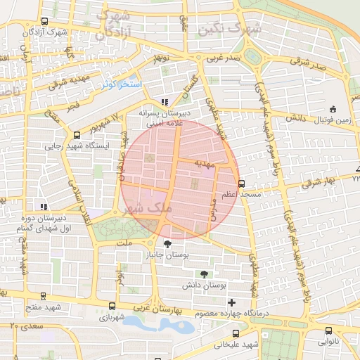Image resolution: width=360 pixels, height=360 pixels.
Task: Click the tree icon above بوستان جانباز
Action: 166,243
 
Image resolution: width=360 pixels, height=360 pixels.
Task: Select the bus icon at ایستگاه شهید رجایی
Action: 76,135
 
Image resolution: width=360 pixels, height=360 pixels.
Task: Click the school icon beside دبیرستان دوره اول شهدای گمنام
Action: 44,207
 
